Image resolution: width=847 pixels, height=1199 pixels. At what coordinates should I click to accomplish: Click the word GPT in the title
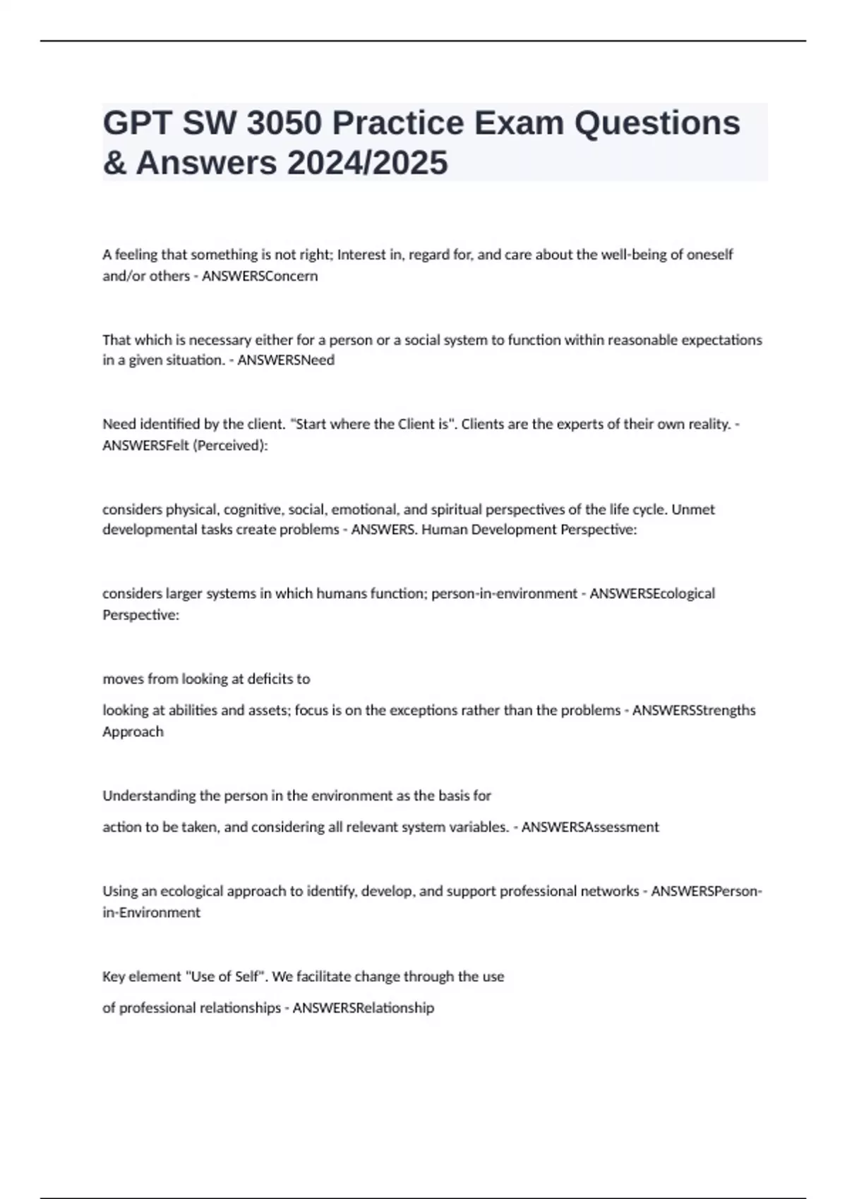tap(137, 123)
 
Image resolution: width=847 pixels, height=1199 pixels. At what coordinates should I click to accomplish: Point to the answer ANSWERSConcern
tap(260, 276)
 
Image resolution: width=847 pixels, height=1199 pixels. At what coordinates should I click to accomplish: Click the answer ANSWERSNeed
tap(286, 360)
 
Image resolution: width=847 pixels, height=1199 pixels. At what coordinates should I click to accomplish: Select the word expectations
tap(721, 340)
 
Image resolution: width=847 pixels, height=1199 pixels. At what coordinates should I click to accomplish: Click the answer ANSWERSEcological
tap(652, 593)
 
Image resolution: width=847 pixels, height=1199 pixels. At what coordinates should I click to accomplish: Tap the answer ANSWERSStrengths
tap(694, 710)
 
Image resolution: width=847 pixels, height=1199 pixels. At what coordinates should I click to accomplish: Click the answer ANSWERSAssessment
tap(590, 827)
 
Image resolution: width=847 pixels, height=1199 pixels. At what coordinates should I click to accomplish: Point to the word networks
tap(609, 891)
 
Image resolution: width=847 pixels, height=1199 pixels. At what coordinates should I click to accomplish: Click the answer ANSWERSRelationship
tap(364, 1007)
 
